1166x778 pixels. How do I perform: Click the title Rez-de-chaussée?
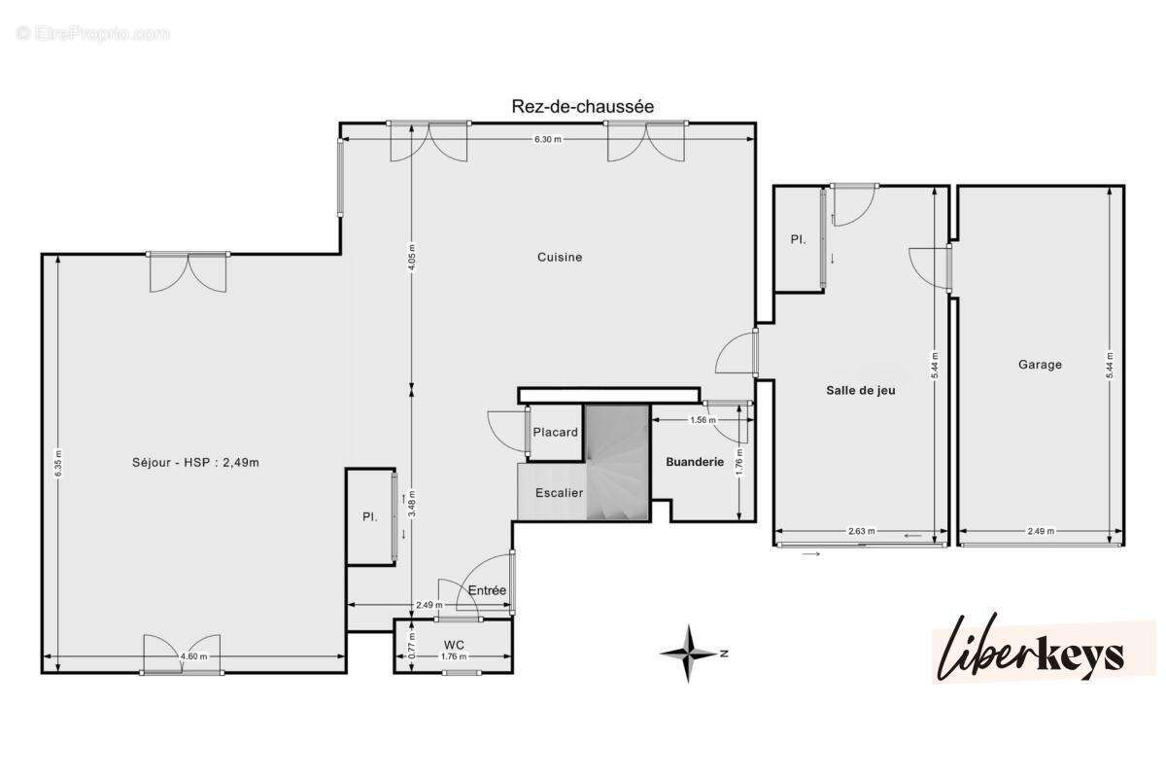583,107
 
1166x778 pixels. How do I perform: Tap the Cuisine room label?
560,258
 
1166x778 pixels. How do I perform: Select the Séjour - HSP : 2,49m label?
195,463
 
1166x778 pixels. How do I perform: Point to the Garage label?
1040,365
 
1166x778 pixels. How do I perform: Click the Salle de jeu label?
860,390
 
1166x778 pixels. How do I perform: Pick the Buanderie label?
695,463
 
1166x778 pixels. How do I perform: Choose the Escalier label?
560,493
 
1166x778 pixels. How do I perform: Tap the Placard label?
556,433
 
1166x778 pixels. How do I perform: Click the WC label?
454,645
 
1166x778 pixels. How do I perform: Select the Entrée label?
487,590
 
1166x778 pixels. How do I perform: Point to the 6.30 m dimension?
547,139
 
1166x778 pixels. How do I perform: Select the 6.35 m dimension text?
58,462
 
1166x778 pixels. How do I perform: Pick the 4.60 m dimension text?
193,657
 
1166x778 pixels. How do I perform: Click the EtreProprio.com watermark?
93,34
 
